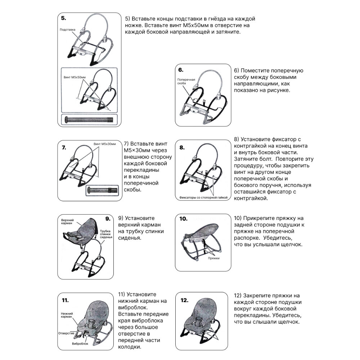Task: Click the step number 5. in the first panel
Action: [x=64, y=18]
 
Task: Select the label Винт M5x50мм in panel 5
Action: [x=71, y=77]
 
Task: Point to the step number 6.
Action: [x=181, y=70]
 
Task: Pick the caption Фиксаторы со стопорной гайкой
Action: [x=203, y=198]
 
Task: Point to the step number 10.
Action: [x=183, y=219]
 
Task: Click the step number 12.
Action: [x=184, y=300]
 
